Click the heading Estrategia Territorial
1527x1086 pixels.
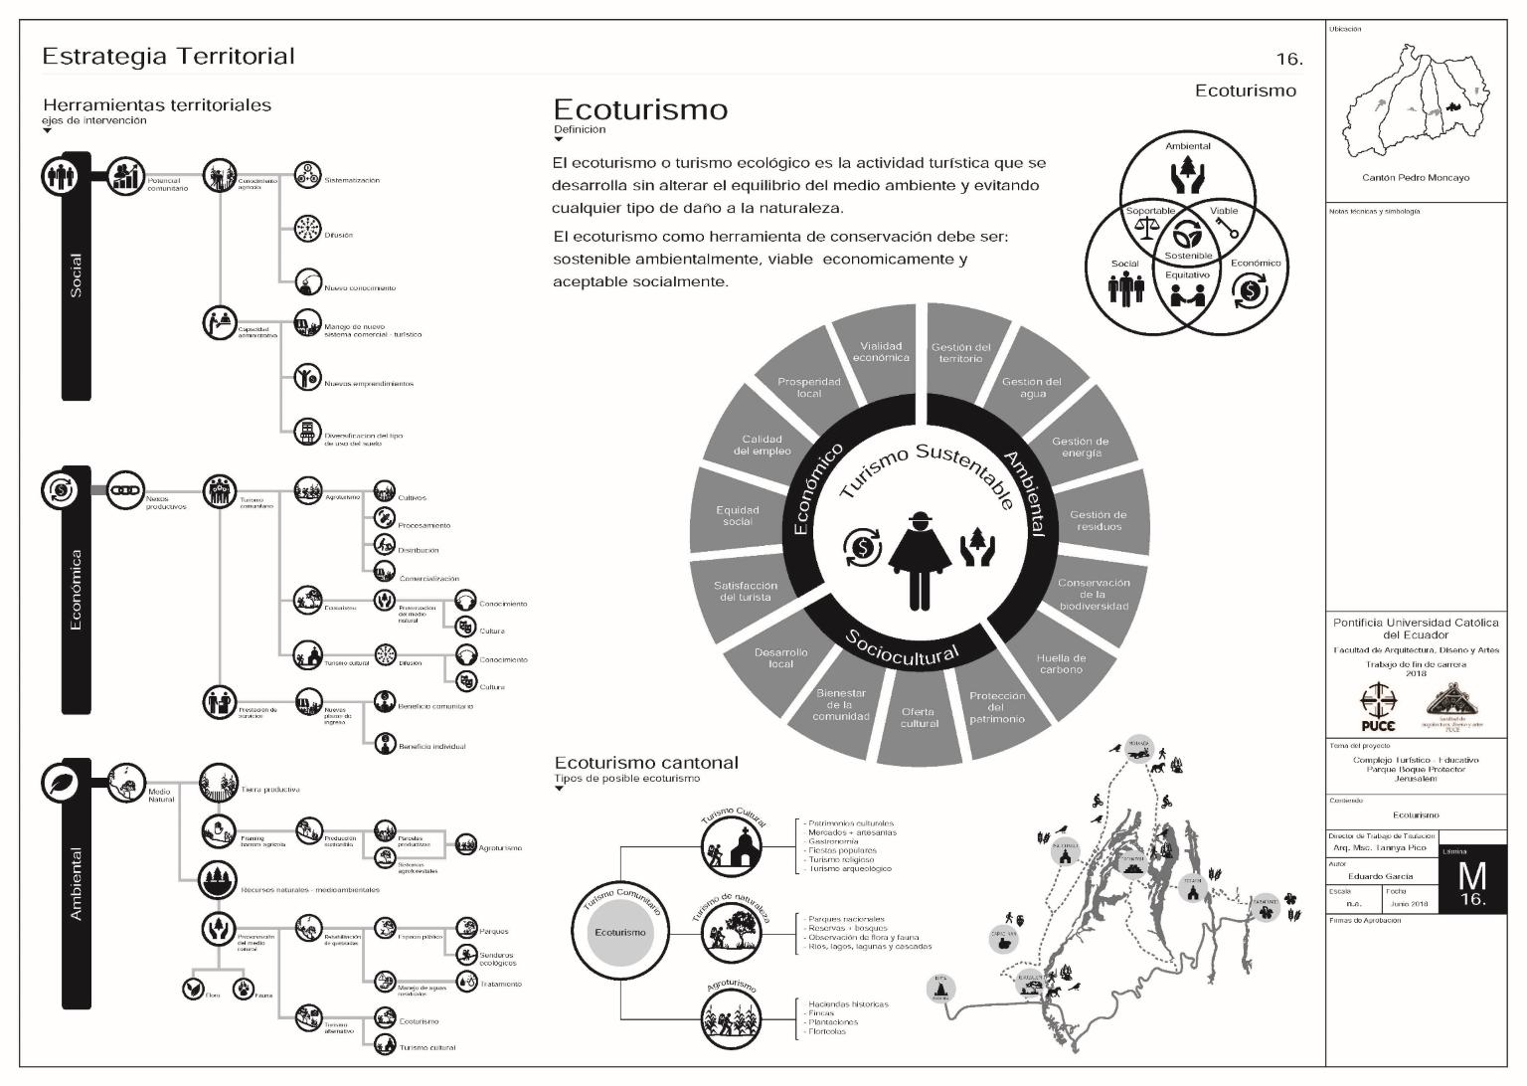tap(168, 57)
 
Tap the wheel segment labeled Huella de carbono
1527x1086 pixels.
tap(1061, 663)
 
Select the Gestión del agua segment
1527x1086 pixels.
tap(1031, 388)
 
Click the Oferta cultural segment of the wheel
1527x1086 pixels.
tap(920, 717)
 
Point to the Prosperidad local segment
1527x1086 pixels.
tap(809, 387)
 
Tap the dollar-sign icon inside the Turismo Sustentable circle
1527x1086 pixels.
tap(861, 547)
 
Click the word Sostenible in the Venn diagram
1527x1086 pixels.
tap(1188, 256)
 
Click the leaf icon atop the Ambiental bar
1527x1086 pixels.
tap(60, 783)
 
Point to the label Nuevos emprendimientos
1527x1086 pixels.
tap(368, 383)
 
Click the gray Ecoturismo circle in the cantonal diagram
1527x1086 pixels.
tap(619, 932)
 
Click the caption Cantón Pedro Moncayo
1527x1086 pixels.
tap(1415, 178)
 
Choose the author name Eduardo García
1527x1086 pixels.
tap(1380, 876)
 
